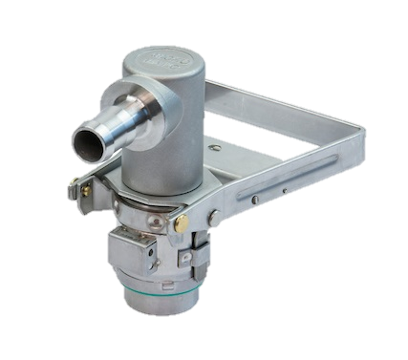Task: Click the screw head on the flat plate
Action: (x=219, y=149)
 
